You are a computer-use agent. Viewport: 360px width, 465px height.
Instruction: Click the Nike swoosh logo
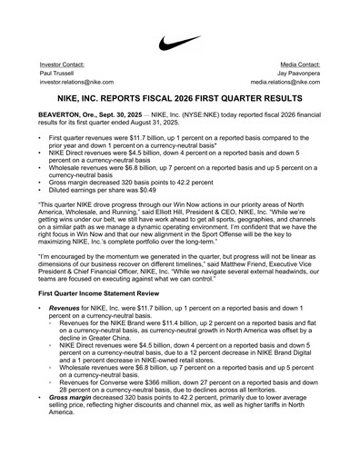point(179,42)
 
